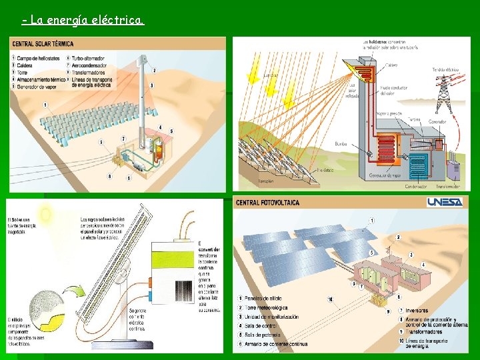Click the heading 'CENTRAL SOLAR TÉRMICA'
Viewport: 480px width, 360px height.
pyautogui.click(x=43, y=44)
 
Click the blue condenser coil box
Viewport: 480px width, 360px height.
pyautogui.click(x=419, y=163)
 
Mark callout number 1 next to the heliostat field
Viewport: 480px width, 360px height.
pyautogui.click(x=45, y=105)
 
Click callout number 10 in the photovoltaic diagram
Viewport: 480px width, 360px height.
pyautogui.click(x=329, y=298)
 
